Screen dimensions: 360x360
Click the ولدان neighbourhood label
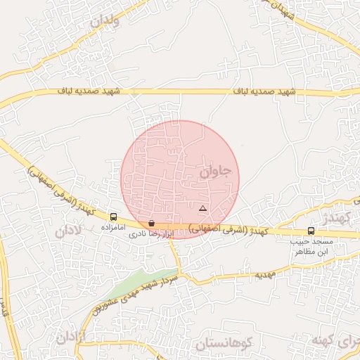click(105, 21)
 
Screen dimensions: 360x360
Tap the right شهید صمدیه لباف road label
click(268, 91)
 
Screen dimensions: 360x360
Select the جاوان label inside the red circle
click(215, 171)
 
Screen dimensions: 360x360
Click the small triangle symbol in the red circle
click(202, 209)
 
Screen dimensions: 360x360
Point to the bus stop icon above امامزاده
click(114, 217)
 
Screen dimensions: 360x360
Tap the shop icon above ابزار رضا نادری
click(152, 223)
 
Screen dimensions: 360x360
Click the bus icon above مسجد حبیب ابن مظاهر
click(311, 231)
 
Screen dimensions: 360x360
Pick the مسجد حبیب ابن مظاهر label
click(311, 245)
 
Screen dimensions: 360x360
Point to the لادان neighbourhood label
click(68, 229)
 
